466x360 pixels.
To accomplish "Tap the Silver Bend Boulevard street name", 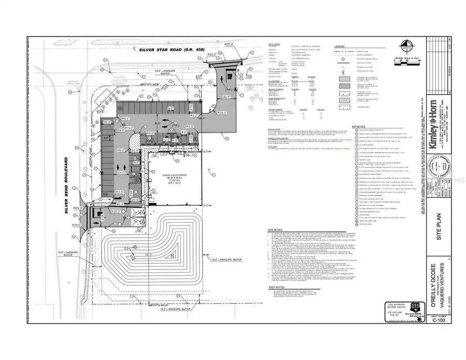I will pos(66,174).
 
